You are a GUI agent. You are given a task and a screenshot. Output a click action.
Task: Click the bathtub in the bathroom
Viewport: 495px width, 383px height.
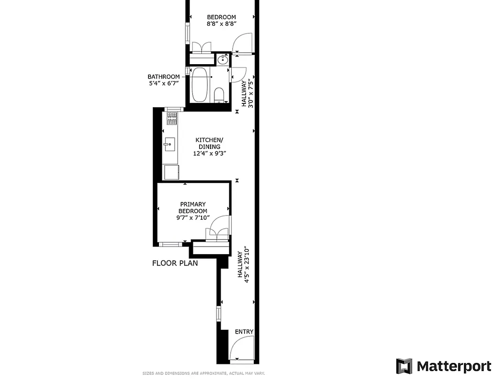200,85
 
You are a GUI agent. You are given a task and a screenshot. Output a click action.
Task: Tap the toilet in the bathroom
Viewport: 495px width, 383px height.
219,94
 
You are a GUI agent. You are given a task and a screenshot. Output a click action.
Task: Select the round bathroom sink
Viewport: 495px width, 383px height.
223,60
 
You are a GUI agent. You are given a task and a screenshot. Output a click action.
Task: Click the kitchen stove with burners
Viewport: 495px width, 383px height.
172,118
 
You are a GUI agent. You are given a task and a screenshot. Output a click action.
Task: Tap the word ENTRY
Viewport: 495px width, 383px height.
244,332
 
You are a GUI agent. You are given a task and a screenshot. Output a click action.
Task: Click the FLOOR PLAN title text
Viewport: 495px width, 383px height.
175,263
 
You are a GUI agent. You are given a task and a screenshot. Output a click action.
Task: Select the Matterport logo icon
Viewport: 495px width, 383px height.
404,366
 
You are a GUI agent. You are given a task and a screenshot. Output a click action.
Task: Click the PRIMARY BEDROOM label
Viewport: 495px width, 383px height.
193,208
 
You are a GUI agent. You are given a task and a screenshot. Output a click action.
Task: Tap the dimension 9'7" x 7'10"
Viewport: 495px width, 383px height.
193,218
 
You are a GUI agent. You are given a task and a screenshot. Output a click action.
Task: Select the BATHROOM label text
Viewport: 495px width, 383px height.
164,77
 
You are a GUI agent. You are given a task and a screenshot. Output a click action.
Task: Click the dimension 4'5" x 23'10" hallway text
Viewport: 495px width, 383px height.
247,266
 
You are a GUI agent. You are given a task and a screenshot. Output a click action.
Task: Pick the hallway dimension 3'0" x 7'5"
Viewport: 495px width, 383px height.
250,93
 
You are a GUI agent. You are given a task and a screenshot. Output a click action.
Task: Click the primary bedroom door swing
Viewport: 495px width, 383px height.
219,225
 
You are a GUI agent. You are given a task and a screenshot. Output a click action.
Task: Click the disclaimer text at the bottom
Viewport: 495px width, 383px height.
203,373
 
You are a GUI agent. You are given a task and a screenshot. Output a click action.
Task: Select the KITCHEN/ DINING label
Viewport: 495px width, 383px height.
208,143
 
